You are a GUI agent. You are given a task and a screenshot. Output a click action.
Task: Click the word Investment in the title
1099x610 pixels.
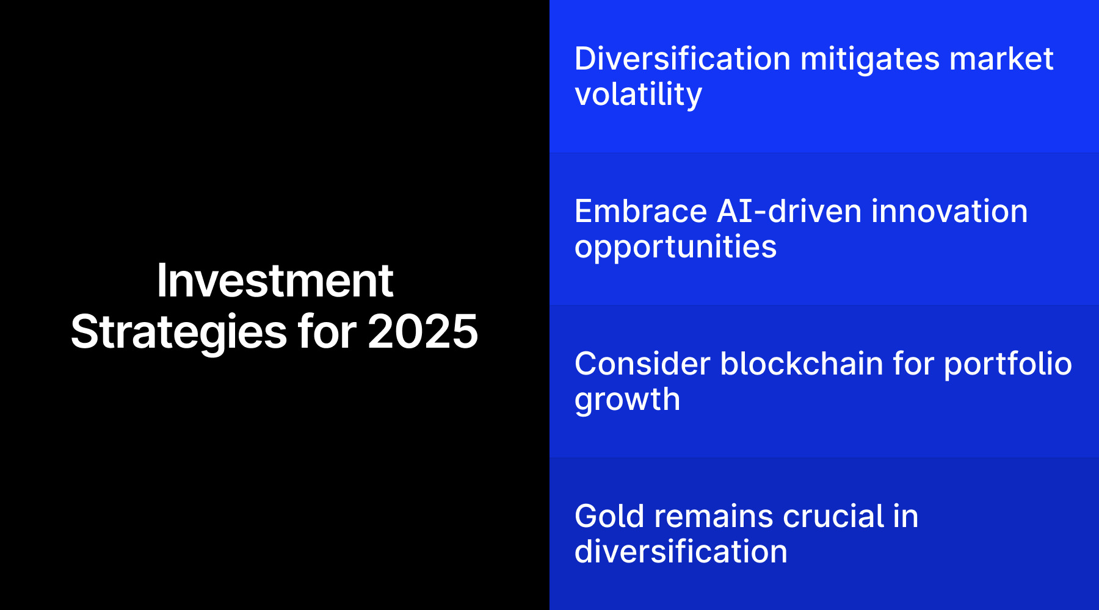(275, 281)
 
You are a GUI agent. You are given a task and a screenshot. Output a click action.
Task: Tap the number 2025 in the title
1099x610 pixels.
(423, 332)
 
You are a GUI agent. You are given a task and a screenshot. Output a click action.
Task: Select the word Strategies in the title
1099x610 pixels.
(178, 333)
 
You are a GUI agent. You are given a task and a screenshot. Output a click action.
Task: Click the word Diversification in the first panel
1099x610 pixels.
(683, 59)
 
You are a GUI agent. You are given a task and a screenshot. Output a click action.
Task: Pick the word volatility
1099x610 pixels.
(638, 95)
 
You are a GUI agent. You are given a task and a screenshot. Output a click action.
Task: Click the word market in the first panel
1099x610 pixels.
(1001, 59)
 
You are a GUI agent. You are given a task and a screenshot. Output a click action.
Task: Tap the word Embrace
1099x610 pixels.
(640, 212)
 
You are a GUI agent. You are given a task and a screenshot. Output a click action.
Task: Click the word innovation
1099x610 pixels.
(949, 212)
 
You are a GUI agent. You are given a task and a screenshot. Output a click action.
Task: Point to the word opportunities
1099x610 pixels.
(675, 247)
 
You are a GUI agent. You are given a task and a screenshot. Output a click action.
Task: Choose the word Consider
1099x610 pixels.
(642, 364)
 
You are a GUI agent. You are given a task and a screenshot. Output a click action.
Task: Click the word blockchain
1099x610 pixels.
(802, 364)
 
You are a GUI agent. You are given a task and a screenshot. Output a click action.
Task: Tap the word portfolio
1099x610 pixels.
(1008, 364)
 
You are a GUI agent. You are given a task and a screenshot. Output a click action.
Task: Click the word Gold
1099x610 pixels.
(609, 517)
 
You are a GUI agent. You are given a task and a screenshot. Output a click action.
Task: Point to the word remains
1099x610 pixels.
(714, 517)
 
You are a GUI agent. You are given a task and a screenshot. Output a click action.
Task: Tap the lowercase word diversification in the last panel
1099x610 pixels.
(681, 552)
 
